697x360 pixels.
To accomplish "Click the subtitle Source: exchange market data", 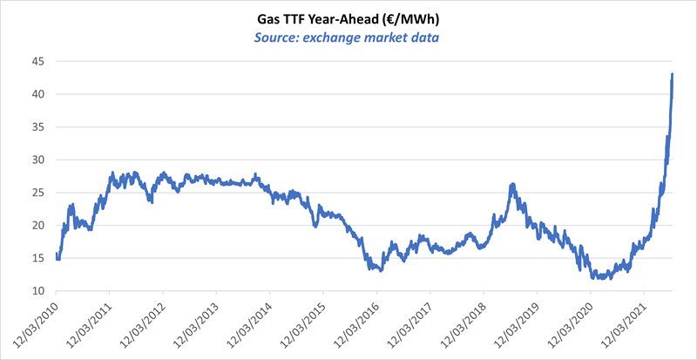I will (348, 37).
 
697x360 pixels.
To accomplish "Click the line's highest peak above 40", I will (673, 74).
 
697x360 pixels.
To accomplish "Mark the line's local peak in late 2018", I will (512, 185).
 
